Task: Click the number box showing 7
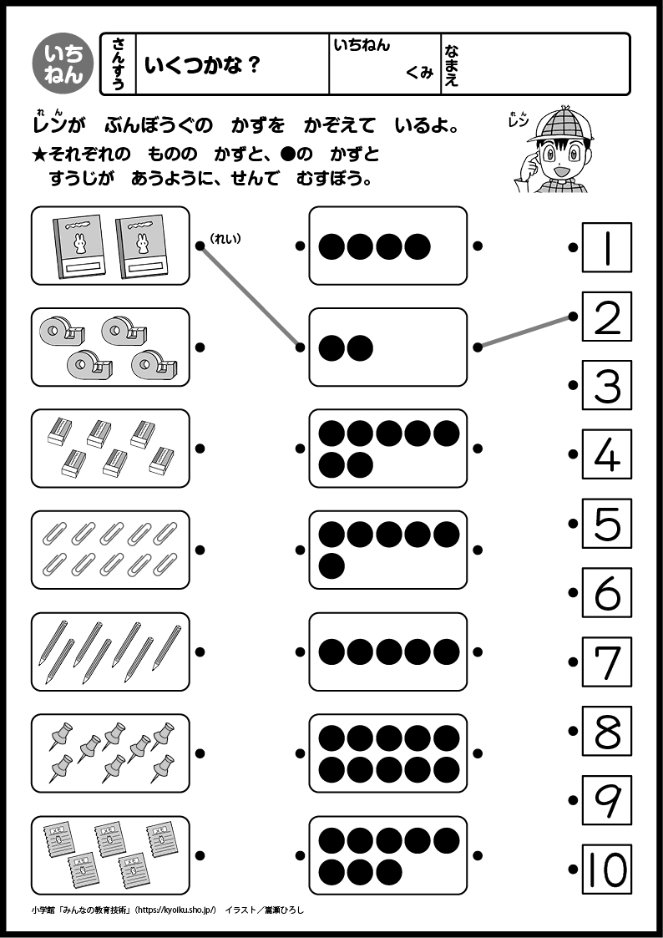[607, 662]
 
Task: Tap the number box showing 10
[607, 869]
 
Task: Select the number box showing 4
[607, 454]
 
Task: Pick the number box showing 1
[607, 247]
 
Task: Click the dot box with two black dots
[388, 347]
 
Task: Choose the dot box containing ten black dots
[388, 753]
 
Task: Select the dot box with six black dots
[388, 550]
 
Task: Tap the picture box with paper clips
[110, 550]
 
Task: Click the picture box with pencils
[110, 652]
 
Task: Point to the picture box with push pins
[110, 753]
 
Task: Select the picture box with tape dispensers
[110, 347]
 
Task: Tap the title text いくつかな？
[203, 64]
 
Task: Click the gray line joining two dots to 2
[525, 331]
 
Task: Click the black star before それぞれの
[39, 155]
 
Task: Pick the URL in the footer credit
[176, 910]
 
